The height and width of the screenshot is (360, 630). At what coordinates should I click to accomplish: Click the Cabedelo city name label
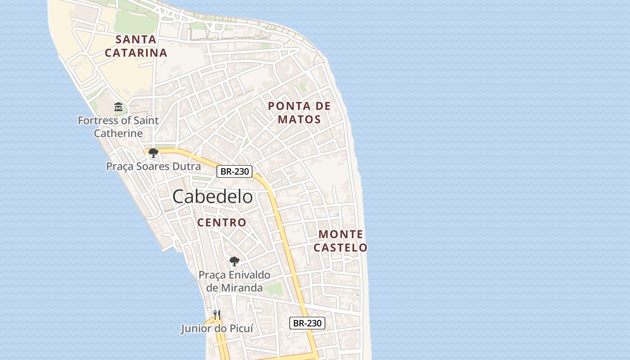[212, 197]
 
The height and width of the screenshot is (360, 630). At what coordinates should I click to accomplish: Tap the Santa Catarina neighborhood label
[136, 46]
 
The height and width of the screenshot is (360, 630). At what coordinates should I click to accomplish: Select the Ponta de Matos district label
[299, 112]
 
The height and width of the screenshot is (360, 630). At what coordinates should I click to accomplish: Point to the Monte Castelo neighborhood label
[341, 241]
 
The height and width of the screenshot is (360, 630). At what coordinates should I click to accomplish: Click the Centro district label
[222, 222]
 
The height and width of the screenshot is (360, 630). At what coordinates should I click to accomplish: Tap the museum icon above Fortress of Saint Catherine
[118, 107]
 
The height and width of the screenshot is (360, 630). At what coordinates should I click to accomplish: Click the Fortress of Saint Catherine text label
[118, 127]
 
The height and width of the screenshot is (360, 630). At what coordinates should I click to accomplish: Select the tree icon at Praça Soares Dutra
[153, 153]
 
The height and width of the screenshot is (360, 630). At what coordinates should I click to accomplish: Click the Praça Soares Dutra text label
[153, 166]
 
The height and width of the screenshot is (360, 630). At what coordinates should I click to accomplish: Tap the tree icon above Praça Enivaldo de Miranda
[234, 261]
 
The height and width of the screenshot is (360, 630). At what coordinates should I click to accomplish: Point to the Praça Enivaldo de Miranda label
[234, 281]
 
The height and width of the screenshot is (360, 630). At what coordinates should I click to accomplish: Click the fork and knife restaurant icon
[216, 315]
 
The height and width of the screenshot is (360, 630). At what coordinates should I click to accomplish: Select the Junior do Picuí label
[217, 328]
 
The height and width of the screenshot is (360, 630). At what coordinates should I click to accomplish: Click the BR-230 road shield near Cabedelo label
[234, 171]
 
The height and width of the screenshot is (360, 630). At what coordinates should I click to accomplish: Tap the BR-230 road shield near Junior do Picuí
[307, 323]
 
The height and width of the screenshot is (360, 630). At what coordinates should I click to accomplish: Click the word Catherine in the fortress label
[118, 134]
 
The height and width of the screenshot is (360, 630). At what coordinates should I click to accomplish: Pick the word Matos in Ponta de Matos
[299, 120]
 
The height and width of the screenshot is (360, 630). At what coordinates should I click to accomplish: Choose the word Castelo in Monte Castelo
[341, 247]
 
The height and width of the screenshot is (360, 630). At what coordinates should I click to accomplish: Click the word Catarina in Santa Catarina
[136, 53]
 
